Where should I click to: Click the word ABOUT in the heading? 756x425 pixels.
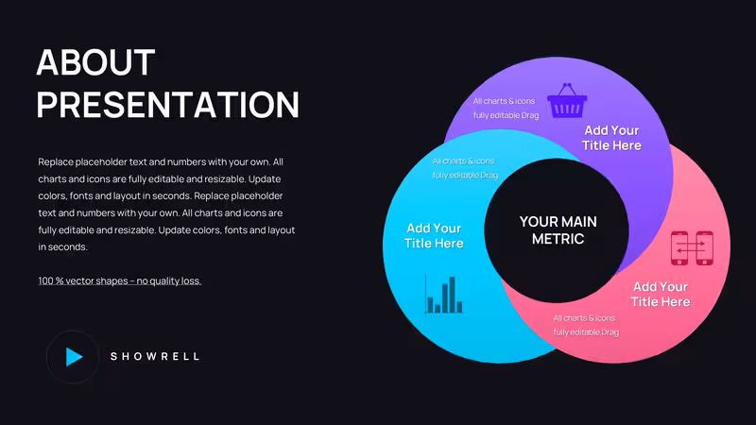pos(95,62)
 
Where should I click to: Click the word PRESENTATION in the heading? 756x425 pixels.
pos(168,104)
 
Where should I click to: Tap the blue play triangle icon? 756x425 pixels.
pos(74,357)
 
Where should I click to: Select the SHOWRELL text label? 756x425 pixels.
pos(155,357)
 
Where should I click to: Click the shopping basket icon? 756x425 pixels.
pos(567,100)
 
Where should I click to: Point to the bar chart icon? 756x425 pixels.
pos(443,294)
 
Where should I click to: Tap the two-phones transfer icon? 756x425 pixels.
pos(692,248)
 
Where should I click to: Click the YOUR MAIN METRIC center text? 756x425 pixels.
pos(558,229)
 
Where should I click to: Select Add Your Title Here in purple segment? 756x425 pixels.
pos(611,138)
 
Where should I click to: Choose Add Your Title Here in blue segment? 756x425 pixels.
pos(434,235)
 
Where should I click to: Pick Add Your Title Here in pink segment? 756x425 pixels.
pos(660,294)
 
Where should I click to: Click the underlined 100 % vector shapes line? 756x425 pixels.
pos(120,280)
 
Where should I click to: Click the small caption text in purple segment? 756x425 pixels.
pos(506,108)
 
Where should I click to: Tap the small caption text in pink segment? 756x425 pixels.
pos(586,325)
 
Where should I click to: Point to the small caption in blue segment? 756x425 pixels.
pos(465,168)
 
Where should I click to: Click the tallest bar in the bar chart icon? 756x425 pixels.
pos(453,295)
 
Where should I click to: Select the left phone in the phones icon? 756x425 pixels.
pos(679,248)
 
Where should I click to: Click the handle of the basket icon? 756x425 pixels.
pos(567,89)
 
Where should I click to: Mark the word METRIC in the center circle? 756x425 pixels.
pos(558,239)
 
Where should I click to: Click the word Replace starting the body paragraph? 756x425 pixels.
pos(56,161)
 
